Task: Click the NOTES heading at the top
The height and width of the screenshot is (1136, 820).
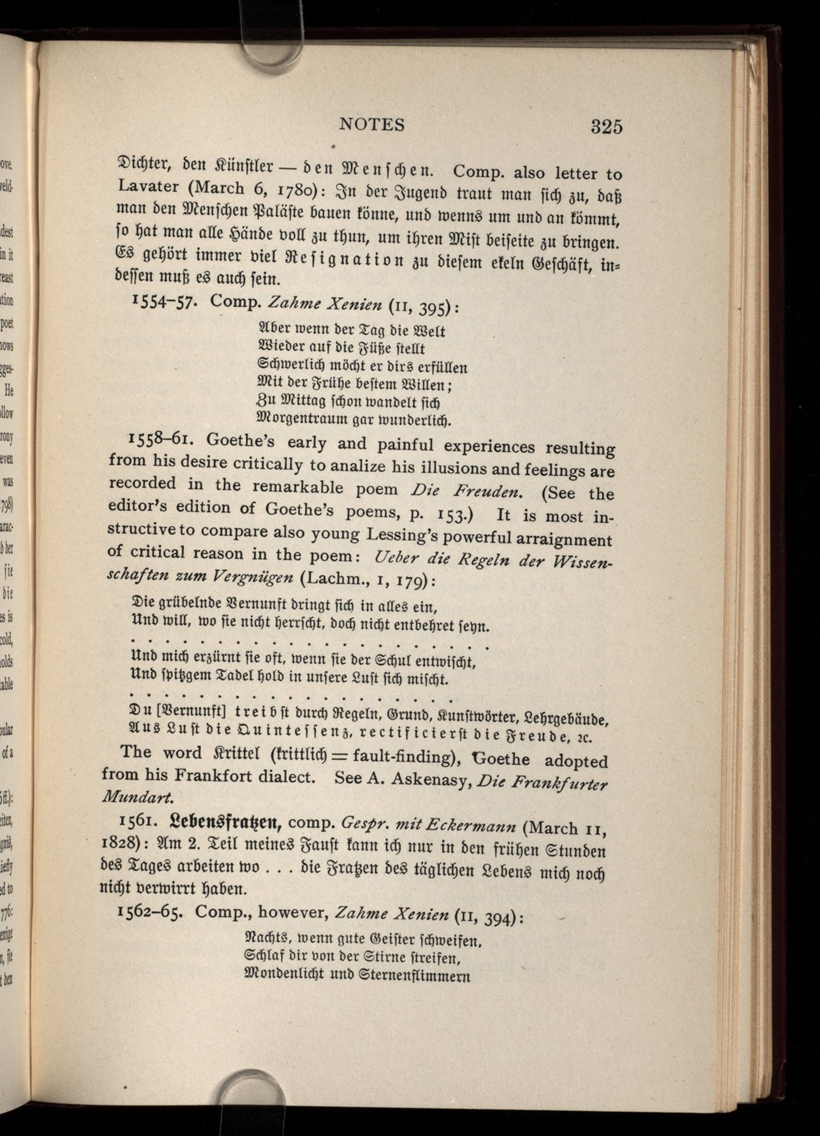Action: pyautogui.click(x=372, y=125)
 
